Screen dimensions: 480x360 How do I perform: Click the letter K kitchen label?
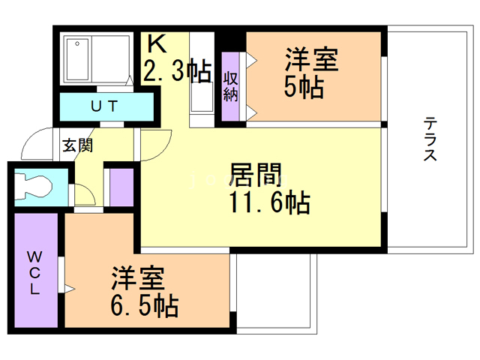click(x=157, y=43)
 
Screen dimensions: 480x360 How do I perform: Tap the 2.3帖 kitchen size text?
click(x=178, y=70)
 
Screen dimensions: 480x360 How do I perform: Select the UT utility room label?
click(x=104, y=106)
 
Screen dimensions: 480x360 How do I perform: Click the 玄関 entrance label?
click(x=77, y=145)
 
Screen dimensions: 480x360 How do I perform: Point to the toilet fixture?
click(x=33, y=186)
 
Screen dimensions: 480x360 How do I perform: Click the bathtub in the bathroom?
click(x=77, y=59)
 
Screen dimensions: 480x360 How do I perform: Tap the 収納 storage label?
click(x=230, y=87)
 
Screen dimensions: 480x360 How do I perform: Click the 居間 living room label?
click(x=256, y=175)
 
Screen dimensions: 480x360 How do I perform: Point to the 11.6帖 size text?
click(x=270, y=202)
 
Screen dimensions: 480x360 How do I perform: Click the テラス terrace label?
click(x=430, y=139)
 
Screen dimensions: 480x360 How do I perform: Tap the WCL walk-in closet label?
click(x=34, y=272)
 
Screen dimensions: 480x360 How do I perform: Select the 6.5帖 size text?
click(x=145, y=305)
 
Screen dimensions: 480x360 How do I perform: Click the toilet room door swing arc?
click(x=89, y=191)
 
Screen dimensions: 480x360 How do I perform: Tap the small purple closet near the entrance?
click(x=121, y=187)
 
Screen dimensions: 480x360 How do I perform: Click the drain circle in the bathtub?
click(x=77, y=43)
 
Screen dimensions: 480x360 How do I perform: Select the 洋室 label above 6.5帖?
click(x=138, y=278)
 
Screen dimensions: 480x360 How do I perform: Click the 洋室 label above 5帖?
click(x=312, y=60)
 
